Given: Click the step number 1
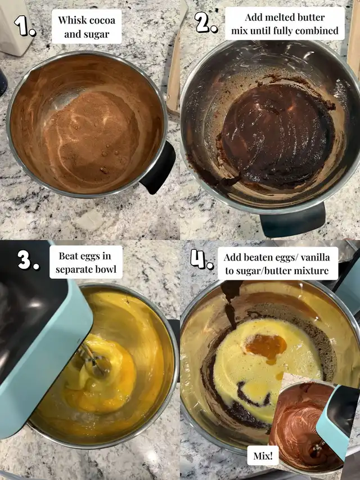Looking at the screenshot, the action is coord(25,26).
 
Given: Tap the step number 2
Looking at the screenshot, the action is coord(206,23).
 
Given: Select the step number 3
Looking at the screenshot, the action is coord(28,259).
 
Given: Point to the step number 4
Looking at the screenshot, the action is coord(202,259).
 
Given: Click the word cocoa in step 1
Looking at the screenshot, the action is coord(102,20).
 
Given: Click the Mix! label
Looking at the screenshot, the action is coord(263,456).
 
